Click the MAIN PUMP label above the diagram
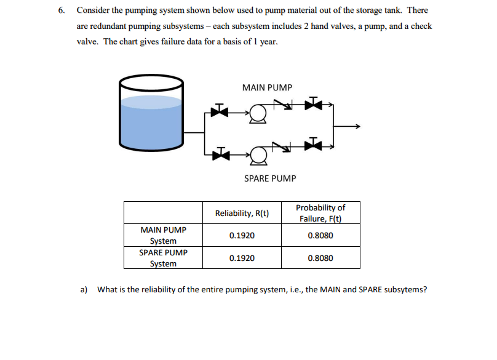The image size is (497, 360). pos(267,88)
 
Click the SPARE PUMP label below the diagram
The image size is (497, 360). pos(269,178)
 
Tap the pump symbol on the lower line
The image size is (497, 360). pos(259,151)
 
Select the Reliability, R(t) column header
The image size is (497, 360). pos(242,214)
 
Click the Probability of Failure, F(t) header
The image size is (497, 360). pos(320,213)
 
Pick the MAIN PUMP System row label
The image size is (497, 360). pos(164,235)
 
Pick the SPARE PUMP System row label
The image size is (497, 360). pos(164,258)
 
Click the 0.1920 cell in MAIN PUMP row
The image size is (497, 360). pos(242,235)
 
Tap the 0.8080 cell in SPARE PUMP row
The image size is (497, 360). pos(320,258)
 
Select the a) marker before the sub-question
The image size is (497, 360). pos(84,289)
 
